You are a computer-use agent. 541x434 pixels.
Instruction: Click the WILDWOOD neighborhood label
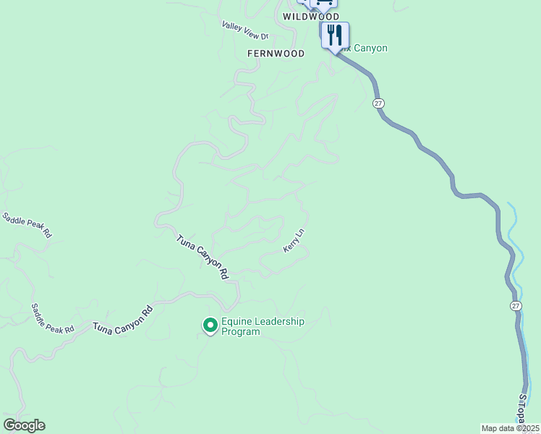(311, 16)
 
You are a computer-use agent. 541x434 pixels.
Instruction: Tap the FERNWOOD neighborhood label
(276, 54)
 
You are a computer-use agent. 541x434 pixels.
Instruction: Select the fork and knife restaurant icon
(334, 34)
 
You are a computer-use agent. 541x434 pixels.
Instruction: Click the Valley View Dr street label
(245, 31)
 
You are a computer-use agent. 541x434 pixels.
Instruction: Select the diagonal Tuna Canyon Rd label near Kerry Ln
(203, 257)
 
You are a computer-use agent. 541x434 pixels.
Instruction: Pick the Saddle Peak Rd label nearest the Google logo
(51, 319)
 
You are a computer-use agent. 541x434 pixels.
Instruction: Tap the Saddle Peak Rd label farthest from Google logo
(27, 226)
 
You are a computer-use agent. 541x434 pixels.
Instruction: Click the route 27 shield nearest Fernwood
(378, 103)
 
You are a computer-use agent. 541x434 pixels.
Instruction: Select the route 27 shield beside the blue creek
(515, 306)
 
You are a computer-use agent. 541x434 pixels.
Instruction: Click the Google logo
(24, 425)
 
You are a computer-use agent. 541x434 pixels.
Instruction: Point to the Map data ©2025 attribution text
(510, 428)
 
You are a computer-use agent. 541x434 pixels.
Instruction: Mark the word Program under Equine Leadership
(241, 332)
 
